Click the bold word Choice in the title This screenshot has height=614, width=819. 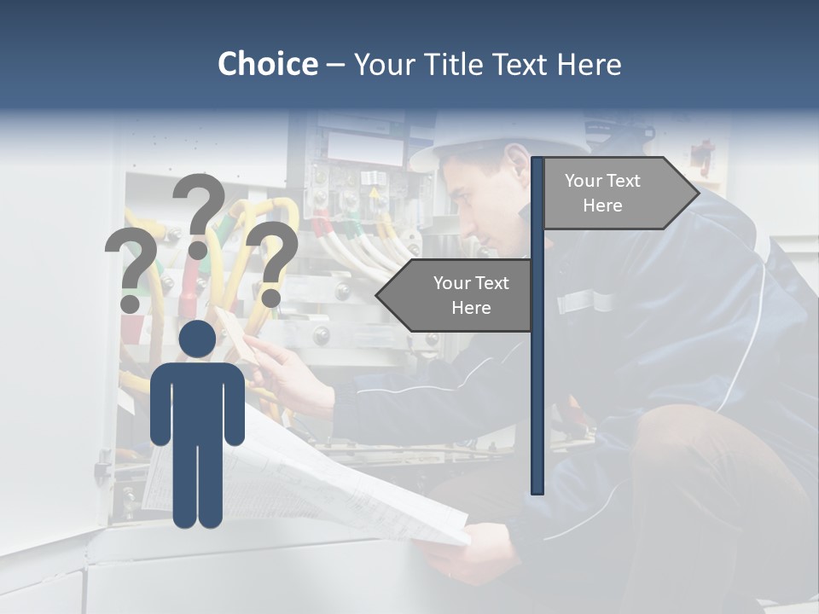[267, 64]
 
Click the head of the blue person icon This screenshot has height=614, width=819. [197, 339]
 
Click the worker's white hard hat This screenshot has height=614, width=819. [478, 136]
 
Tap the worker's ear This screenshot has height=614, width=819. [516, 162]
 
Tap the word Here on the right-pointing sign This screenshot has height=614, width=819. [602, 206]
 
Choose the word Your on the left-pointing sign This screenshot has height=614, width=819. [452, 283]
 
